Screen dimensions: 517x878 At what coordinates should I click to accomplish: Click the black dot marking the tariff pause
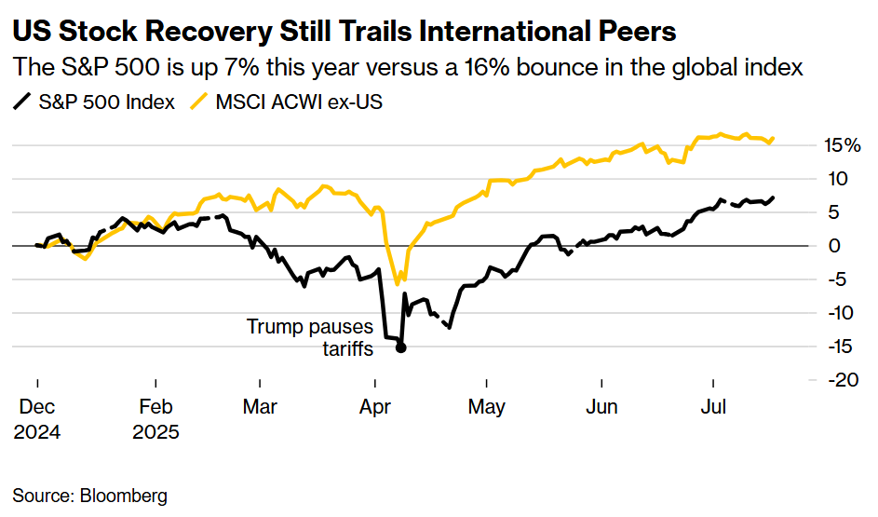(400, 347)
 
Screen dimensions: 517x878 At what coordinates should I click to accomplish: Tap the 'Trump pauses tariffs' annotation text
(309, 337)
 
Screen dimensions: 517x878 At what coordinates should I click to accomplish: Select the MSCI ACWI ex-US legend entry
(288, 102)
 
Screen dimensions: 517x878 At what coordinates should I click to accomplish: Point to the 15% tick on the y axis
(841, 145)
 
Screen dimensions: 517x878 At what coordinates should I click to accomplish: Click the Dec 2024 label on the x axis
(37, 419)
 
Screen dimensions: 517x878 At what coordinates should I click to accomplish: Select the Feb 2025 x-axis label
(155, 419)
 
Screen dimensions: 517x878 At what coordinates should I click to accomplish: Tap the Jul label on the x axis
(713, 407)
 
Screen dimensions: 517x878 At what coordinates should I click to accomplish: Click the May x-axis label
(487, 407)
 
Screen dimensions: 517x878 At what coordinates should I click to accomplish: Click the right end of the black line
(774, 197)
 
